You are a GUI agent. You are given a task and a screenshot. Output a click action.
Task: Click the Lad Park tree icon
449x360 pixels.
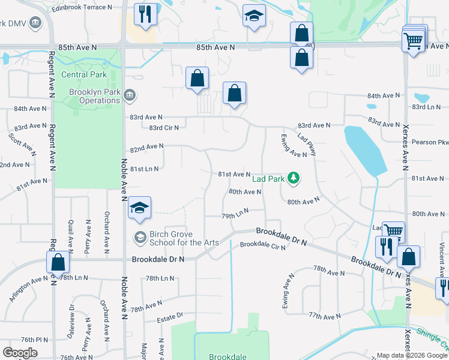[293, 178]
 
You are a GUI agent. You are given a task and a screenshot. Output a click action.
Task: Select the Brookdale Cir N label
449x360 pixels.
[263, 245]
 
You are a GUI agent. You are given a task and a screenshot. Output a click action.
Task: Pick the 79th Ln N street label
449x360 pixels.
[235, 215]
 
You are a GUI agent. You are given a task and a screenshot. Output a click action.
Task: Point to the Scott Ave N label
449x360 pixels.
[20, 144]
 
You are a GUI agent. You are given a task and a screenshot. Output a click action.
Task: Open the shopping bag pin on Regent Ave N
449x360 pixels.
[58, 262]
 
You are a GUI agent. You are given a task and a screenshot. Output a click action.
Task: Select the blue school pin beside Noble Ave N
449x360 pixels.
[139, 208]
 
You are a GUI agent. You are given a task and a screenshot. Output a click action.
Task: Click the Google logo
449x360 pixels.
[20, 353]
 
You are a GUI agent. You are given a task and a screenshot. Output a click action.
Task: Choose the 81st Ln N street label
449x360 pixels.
[144, 169]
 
